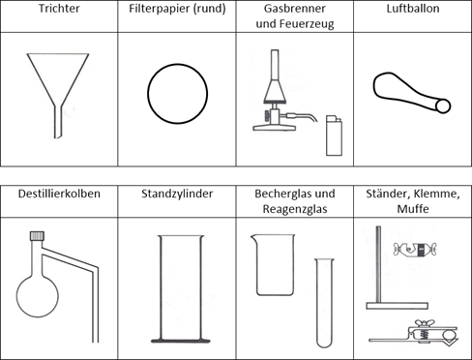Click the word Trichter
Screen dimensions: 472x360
pos(59,9)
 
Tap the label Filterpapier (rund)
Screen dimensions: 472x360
pos(177,9)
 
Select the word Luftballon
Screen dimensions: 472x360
pos(413,9)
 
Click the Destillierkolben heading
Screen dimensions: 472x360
pos(59,194)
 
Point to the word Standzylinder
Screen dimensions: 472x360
pos(177,194)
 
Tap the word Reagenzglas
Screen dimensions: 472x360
pos(295,209)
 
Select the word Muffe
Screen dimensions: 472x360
pos(413,209)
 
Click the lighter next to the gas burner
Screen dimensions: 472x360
pos(334,135)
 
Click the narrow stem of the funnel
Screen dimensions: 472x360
pos(58,122)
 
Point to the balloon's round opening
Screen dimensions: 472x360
pos(443,105)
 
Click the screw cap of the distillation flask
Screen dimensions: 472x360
pos(37,236)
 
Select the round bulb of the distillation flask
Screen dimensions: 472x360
pos(38,296)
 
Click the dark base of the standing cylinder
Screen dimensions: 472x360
pos(181,341)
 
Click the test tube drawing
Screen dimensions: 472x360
pos(324,303)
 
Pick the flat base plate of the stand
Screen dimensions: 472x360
pos(397,306)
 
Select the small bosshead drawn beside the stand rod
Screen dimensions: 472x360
pos(415,249)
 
